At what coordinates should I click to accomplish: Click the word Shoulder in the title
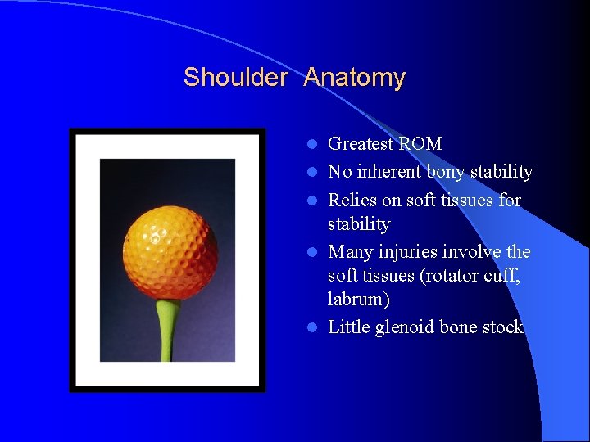click(234, 78)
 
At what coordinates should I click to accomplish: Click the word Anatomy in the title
click(354, 78)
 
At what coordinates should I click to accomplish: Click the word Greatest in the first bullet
click(361, 144)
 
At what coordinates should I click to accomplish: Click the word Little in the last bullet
click(349, 327)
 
